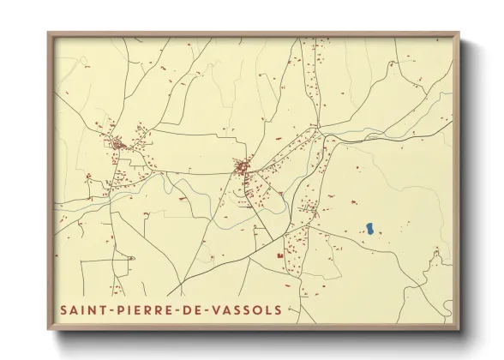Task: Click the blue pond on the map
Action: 369,228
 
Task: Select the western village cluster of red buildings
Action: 117,144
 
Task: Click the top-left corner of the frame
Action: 48,33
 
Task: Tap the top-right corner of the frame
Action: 459,33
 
